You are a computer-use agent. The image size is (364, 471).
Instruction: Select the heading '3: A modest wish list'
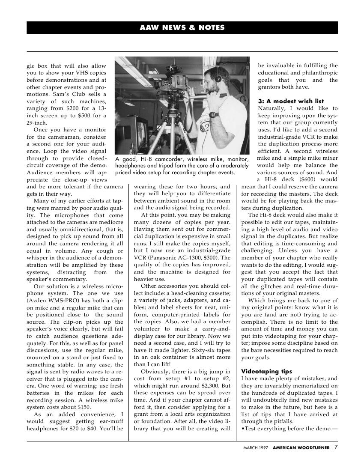(291, 101)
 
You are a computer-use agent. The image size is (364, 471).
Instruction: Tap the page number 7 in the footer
(336, 447)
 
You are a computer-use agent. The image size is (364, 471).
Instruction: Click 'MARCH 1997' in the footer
(256, 448)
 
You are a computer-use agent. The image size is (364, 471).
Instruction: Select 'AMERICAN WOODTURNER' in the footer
(301, 448)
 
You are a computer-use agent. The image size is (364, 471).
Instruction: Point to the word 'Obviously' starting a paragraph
(155, 371)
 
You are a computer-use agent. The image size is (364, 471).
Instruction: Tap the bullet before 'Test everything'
(243, 428)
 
